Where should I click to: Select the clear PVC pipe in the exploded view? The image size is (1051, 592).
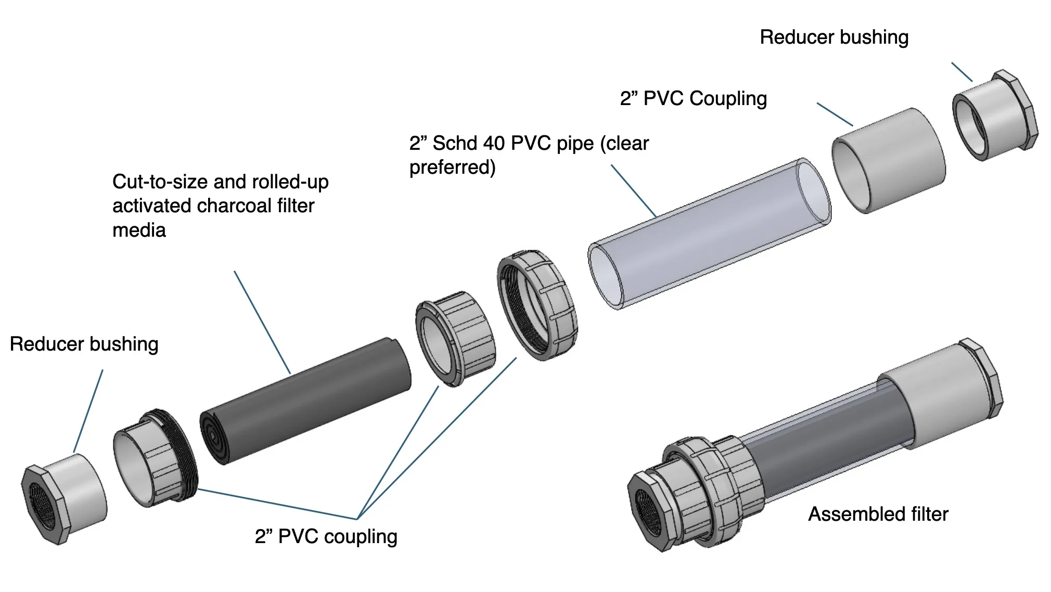(x=708, y=234)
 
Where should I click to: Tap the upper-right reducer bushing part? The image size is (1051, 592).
(x=994, y=115)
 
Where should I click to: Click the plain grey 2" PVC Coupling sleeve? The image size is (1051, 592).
(x=889, y=160)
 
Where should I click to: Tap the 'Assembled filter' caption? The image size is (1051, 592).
(x=878, y=514)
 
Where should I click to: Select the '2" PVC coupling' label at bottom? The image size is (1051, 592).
(x=326, y=537)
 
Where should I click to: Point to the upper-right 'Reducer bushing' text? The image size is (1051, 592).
(x=834, y=37)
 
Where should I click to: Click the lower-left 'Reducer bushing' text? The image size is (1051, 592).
(x=84, y=344)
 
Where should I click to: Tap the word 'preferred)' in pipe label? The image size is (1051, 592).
(x=452, y=168)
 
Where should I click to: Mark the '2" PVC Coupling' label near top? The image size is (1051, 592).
(x=693, y=99)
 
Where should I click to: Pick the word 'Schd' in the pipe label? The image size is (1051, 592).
(x=456, y=144)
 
